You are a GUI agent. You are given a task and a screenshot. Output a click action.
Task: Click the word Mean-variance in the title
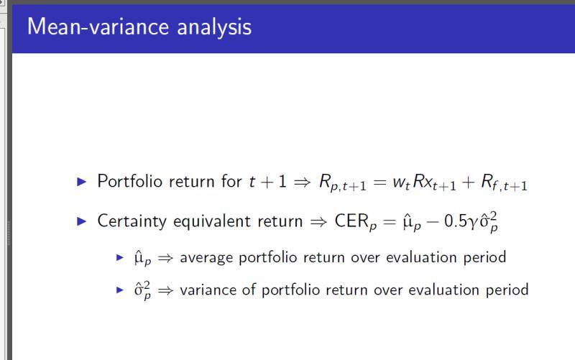(98, 27)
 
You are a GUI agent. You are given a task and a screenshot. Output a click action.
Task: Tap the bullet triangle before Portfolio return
(82, 182)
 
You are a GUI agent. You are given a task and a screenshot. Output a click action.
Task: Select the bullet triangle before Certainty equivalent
(82, 221)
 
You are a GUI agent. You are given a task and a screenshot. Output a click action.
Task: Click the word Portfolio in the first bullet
(130, 181)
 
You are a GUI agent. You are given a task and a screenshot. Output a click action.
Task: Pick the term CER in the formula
(351, 221)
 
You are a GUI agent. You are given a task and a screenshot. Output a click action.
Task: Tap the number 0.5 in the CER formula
(456, 221)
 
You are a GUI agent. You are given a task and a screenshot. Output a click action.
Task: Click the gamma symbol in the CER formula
(474, 223)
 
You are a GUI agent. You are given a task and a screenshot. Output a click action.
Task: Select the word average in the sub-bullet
(206, 258)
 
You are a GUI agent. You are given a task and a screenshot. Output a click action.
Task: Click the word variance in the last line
(208, 290)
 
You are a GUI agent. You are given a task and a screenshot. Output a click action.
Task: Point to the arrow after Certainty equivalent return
(318, 221)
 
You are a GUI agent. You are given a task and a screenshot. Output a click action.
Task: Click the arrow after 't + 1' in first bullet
(302, 182)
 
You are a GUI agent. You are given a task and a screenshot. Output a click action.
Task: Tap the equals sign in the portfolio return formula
(379, 182)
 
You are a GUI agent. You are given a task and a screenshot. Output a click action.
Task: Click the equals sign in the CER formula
(390, 221)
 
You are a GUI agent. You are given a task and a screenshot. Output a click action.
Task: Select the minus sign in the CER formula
(433, 221)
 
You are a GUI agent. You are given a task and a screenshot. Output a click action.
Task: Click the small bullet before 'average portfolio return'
(120, 257)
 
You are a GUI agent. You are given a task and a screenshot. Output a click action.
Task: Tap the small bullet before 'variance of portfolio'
(120, 290)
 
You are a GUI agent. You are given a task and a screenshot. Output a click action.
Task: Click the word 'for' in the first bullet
(231, 181)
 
